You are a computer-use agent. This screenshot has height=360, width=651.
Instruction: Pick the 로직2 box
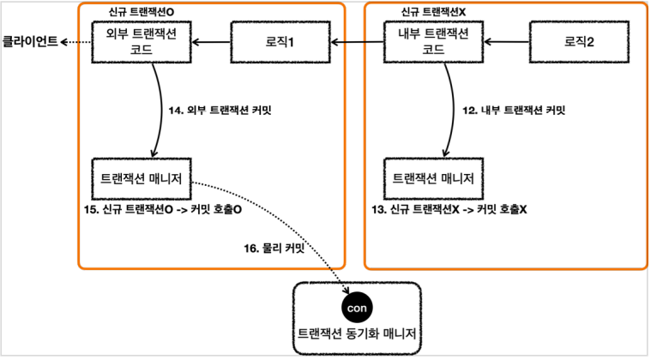[x=576, y=40]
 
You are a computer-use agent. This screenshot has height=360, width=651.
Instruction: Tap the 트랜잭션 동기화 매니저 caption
[x=359, y=332]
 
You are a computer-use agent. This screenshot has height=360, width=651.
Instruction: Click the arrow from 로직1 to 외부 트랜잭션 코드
[x=211, y=40]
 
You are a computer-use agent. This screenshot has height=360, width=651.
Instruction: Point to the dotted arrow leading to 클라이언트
[x=75, y=40]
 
